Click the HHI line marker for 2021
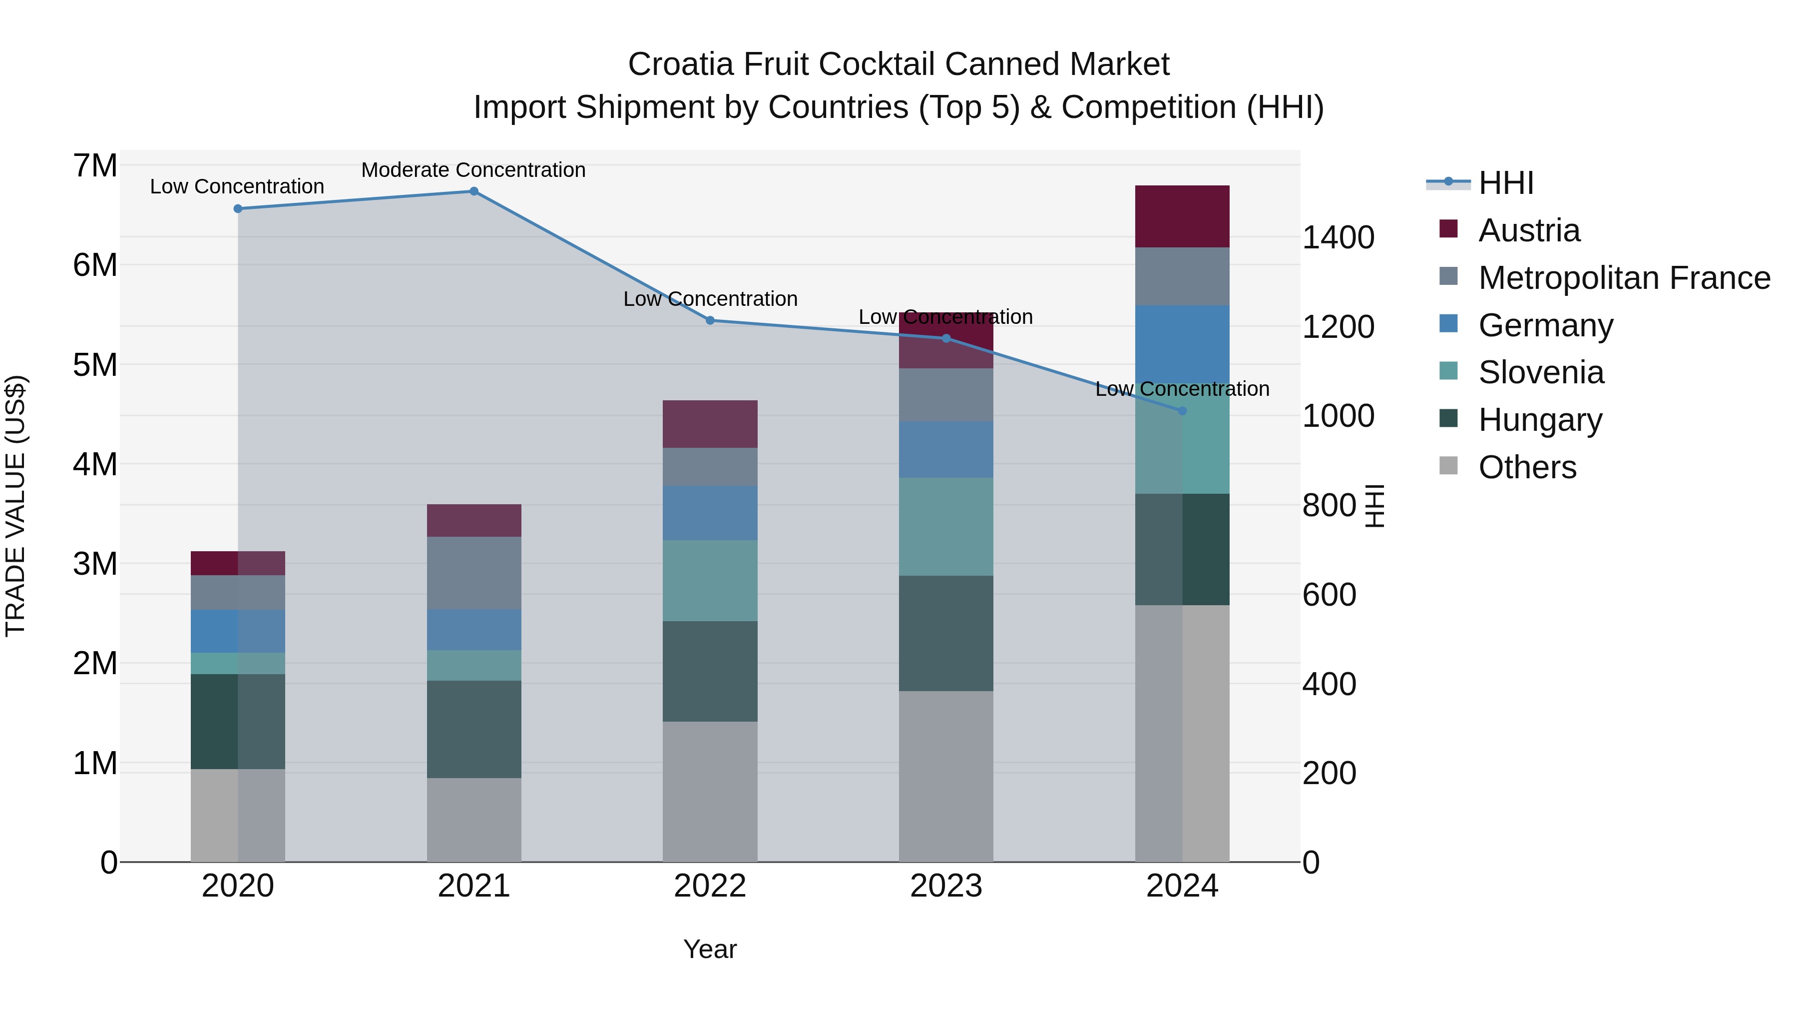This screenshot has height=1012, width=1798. (474, 191)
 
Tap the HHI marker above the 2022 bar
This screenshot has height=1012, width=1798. (710, 320)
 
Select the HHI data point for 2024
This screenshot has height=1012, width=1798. (1182, 411)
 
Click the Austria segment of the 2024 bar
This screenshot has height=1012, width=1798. (1182, 216)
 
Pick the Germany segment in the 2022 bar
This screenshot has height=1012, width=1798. (710, 513)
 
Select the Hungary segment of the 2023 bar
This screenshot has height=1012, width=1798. (946, 634)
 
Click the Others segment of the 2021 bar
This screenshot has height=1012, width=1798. (474, 820)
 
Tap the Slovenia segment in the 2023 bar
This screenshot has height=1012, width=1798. (946, 527)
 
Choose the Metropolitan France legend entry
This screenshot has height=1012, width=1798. (1624, 278)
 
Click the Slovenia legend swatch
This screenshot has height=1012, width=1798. (1448, 371)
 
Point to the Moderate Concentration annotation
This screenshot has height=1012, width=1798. (473, 170)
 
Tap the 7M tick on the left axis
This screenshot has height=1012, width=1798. (95, 166)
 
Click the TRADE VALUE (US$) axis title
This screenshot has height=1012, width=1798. (16, 506)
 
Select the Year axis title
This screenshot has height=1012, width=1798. (710, 949)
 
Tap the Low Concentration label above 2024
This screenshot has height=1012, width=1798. (1182, 389)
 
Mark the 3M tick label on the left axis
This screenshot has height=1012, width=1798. (95, 564)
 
